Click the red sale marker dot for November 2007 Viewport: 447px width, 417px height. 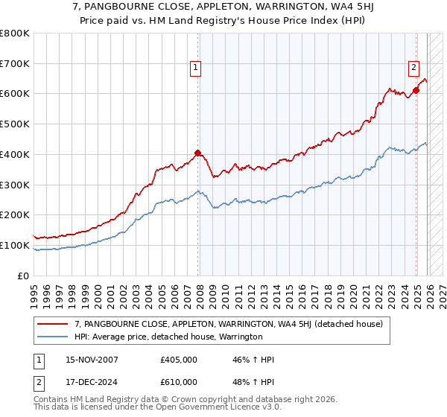(197, 153)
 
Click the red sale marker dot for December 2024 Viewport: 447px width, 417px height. (416, 90)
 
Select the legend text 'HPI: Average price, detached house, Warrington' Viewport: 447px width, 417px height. (168, 337)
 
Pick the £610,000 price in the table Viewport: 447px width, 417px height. (178, 381)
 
